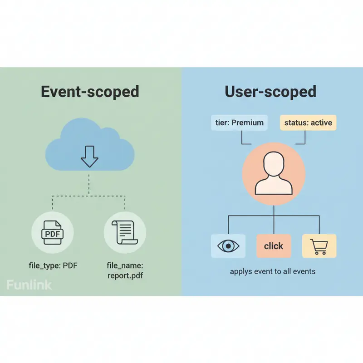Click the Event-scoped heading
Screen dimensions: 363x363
tap(90, 92)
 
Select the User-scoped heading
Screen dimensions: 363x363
tap(270, 92)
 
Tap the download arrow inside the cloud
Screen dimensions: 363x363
tap(89, 156)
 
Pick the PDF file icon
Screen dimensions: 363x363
tap(53, 233)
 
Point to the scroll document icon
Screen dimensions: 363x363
tap(125, 233)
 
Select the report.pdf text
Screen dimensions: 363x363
tap(125, 275)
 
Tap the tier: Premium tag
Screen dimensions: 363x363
tap(239, 123)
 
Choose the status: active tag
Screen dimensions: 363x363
tap(308, 123)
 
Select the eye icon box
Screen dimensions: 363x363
tap(229, 246)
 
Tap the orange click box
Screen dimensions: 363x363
tap(274, 246)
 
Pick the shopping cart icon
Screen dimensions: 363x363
tap(319, 246)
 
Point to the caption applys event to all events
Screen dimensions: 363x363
tap(273, 271)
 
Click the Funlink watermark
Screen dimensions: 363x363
tap(29, 285)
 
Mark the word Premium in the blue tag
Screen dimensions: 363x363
tap(247, 123)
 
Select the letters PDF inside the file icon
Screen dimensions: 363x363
tap(53, 234)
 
